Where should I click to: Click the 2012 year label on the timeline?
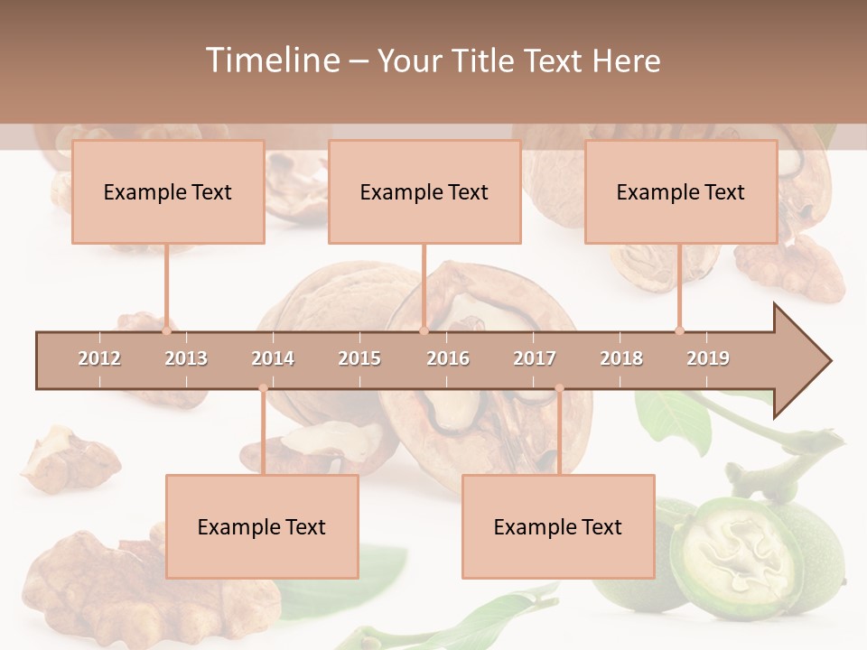99,358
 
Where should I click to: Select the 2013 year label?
186,358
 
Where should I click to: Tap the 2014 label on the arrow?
273,358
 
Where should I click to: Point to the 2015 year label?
359,358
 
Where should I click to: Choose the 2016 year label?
448,358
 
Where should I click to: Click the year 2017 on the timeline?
535,358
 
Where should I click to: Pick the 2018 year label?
621,358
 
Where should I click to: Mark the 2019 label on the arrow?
708,358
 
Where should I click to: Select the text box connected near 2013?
168,192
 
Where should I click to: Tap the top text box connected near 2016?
424,192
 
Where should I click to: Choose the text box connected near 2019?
681,192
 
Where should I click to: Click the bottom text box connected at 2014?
262,526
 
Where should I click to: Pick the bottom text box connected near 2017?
558,526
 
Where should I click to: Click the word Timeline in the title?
271,60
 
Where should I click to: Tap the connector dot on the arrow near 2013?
167,330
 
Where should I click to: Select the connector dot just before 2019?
680,330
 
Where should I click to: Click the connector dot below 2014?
263,388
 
